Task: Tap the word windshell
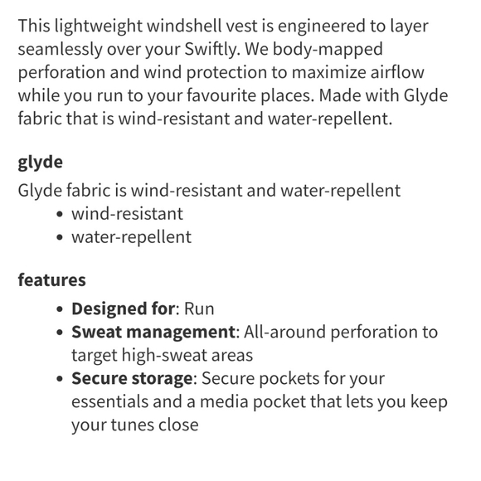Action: click(209, 26)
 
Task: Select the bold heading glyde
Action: click(40, 162)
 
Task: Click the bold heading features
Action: click(51, 279)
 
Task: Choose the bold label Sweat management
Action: click(153, 333)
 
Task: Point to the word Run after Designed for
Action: click(199, 309)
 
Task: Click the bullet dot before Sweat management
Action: click(60, 333)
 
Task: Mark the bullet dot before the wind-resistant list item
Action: click(60, 214)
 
